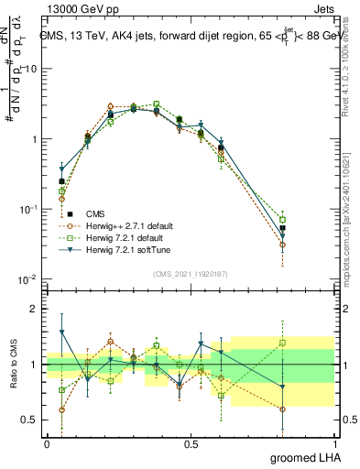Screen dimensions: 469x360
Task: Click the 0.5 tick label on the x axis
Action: pyautogui.click(x=191, y=443)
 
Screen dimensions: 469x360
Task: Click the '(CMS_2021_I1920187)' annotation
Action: pyautogui.click(x=190, y=274)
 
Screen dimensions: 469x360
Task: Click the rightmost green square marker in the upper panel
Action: pyautogui.click(x=282, y=220)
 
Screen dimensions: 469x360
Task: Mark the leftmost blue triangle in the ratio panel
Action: pyautogui.click(x=61, y=332)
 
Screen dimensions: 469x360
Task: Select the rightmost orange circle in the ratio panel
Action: pyautogui.click(x=282, y=409)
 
